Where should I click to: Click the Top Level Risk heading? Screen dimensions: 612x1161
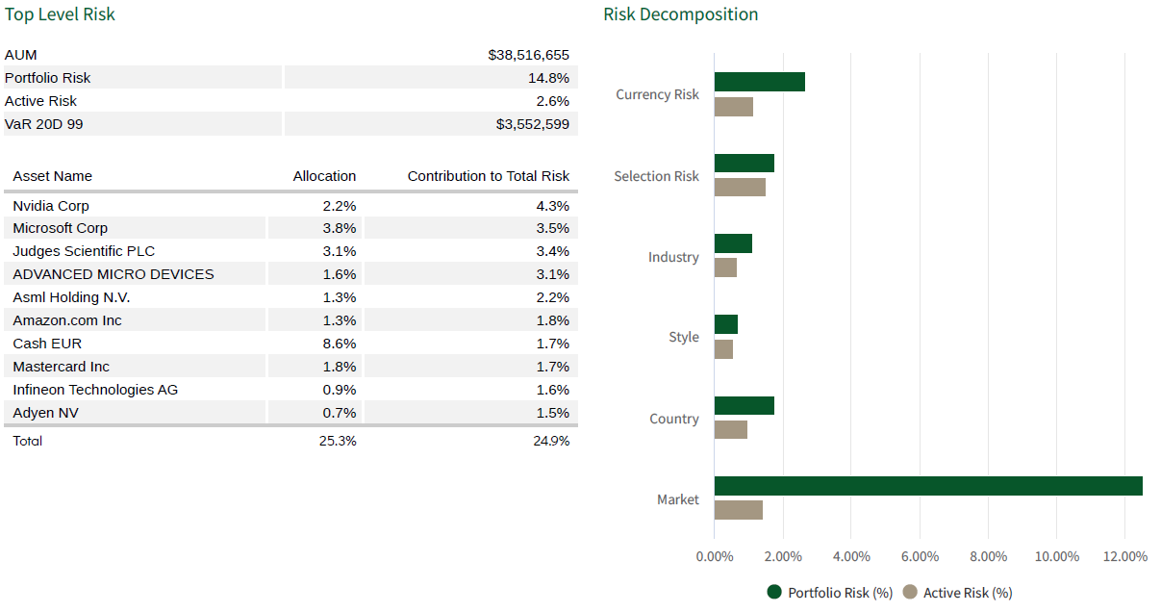click(x=60, y=14)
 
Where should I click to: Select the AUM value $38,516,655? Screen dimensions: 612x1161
click(x=528, y=55)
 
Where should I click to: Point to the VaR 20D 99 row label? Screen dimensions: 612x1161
click(x=43, y=124)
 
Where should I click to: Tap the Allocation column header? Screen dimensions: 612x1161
click(x=324, y=176)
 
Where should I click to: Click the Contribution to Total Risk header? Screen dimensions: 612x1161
click(x=488, y=176)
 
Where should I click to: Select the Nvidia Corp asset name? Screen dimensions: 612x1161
click(x=51, y=206)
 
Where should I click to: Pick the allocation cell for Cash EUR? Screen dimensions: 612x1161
click(x=340, y=344)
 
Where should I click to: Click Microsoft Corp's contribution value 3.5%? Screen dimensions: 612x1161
click(x=553, y=228)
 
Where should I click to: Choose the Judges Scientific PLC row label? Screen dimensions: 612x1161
click(x=84, y=251)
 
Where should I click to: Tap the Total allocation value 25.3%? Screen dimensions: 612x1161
click(x=338, y=441)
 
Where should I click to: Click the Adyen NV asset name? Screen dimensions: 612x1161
click(x=46, y=413)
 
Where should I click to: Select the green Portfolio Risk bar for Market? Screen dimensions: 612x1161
click(x=927, y=486)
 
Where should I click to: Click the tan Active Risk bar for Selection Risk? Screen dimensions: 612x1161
click(x=740, y=187)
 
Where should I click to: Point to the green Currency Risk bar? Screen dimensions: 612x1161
click(x=759, y=82)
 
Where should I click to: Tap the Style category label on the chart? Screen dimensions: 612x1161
click(x=684, y=338)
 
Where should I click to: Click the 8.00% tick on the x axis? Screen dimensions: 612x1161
click(x=988, y=556)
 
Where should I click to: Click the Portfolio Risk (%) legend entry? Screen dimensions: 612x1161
click(x=830, y=593)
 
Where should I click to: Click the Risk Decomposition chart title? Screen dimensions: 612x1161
click(x=680, y=14)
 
